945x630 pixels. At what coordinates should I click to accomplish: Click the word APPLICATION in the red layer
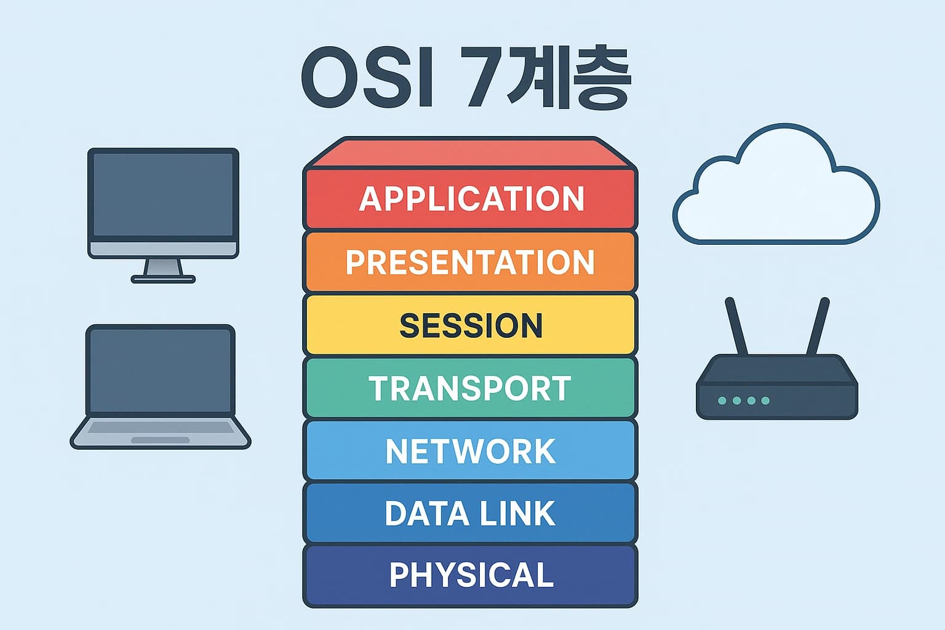tap(471, 199)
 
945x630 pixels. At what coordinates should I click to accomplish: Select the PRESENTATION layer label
tap(470, 262)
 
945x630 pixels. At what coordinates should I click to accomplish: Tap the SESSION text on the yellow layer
tap(471, 325)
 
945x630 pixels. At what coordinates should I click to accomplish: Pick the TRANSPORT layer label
tap(470, 388)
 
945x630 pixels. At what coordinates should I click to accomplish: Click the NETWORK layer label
tap(471, 451)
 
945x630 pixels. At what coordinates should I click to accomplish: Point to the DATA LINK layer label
tap(470, 513)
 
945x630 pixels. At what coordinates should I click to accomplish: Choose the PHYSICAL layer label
tap(471, 574)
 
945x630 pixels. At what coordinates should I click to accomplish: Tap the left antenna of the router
tap(736, 326)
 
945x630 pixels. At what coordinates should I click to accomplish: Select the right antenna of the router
tap(818, 326)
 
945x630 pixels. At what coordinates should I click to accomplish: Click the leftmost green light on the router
tap(722, 401)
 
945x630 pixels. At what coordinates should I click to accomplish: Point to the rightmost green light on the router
tap(765, 401)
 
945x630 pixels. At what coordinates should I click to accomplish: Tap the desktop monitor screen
tap(163, 194)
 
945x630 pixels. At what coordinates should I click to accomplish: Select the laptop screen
tap(161, 370)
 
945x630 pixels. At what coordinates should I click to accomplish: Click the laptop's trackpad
tap(161, 440)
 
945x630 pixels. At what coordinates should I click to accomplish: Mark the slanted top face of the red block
tap(471, 153)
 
